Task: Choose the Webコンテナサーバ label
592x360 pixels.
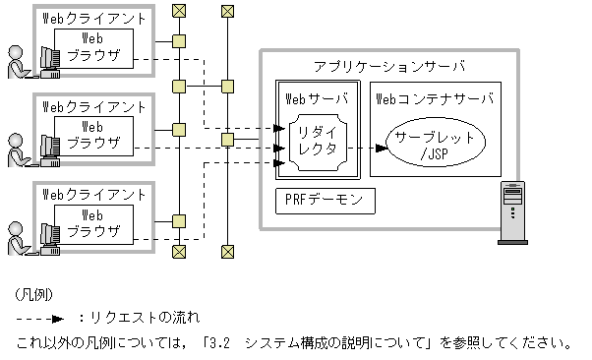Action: (434, 98)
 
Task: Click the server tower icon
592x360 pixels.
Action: (513, 210)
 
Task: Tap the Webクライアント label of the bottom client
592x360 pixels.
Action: (94, 193)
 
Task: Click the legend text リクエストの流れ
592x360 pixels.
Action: (144, 318)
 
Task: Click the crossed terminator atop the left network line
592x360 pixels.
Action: (179, 12)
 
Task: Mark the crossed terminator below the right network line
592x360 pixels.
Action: (227, 252)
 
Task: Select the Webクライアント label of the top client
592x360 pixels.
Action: (94, 19)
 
